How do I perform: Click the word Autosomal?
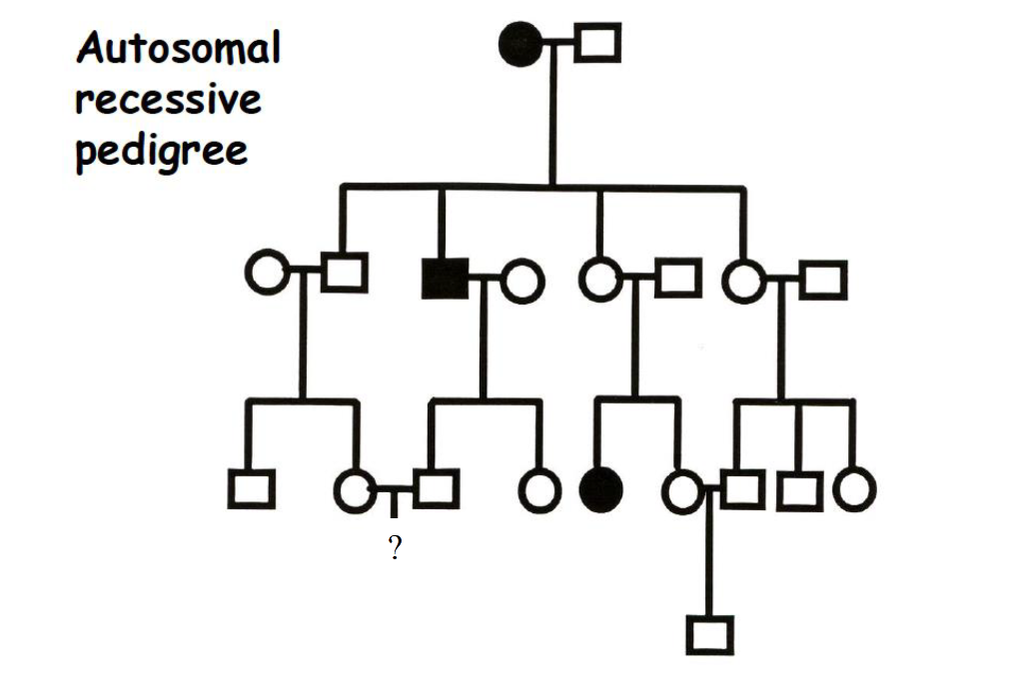(179, 48)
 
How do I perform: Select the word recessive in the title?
(168, 100)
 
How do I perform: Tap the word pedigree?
(161, 152)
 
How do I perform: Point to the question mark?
(395, 547)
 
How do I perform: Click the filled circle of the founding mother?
(519, 44)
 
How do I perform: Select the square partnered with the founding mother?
(597, 43)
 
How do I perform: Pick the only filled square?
(444, 277)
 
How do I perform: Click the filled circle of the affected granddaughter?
(600, 488)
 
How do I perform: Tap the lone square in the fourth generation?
(709, 635)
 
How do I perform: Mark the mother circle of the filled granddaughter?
(599, 279)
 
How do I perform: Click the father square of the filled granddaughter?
(678, 277)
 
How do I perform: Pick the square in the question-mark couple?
(436, 488)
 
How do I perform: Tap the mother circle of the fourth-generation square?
(683, 490)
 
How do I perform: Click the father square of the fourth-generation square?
(742, 489)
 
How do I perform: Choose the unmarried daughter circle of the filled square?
(539, 489)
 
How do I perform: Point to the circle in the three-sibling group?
(854, 489)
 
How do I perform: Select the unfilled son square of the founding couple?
(344, 273)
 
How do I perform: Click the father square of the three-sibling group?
(823, 280)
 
